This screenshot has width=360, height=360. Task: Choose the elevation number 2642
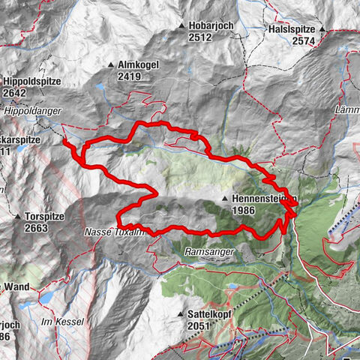coord(14,94)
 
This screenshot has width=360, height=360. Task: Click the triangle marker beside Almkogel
coord(110,65)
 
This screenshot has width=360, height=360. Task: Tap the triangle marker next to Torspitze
coord(17,216)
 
